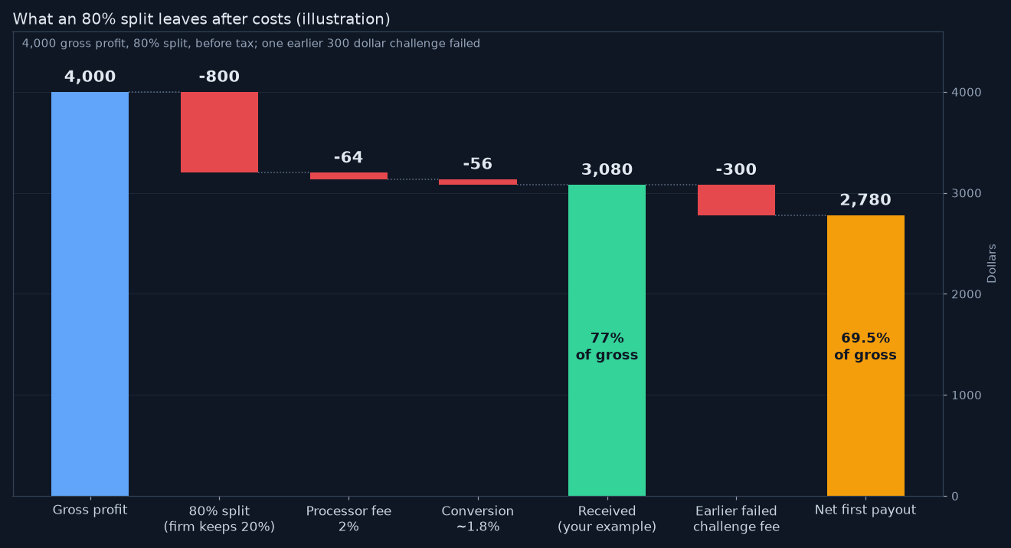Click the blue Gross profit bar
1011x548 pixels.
coord(90,294)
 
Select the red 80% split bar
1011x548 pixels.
coord(219,132)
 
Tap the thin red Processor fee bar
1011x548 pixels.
coord(348,176)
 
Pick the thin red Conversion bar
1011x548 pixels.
coord(477,182)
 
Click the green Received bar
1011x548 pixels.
coord(607,340)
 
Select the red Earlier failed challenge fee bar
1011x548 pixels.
coord(736,200)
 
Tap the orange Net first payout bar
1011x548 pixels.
coord(865,356)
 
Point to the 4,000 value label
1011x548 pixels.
coord(90,77)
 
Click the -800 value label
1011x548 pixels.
coord(219,77)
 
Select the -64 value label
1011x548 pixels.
coord(348,157)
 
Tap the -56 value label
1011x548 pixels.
coord(477,163)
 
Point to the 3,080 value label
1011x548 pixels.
coord(607,169)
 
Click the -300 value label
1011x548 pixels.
coord(736,169)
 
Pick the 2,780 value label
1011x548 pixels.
coord(865,200)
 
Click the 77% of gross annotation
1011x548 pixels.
coord(607,346)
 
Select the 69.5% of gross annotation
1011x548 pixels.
coord(865,346)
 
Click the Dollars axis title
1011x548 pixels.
coord(992,264)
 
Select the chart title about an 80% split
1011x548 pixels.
coord(201,19)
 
